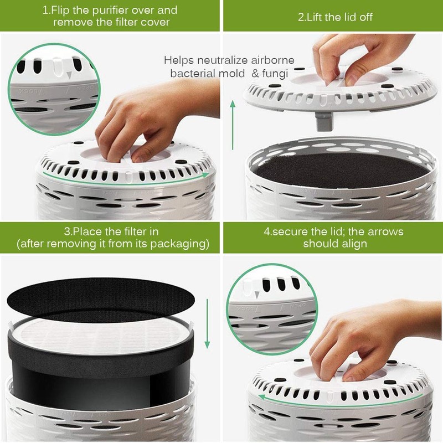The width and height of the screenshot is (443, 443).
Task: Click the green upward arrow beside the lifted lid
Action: (x=233, y=127)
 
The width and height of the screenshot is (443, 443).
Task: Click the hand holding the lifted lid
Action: (x=354, y=55)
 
